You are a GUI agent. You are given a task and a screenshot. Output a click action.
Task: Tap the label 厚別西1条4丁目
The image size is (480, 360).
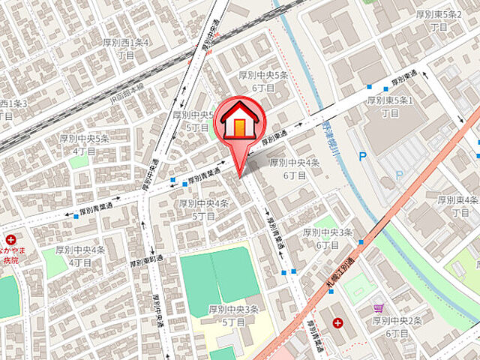[126, 49]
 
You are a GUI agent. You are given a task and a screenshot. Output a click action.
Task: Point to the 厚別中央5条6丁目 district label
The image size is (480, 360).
[263, 81]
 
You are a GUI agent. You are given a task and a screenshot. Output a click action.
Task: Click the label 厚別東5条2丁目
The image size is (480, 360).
[439, 20]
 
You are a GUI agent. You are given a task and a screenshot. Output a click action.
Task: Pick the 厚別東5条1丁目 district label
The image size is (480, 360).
[390, 106]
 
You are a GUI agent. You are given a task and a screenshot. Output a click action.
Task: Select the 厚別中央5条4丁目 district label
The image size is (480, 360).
[84, 145]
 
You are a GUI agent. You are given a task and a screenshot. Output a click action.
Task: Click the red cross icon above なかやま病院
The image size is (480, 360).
[10, 239]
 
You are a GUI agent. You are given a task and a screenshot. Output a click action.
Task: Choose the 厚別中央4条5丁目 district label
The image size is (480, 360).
[202, 209]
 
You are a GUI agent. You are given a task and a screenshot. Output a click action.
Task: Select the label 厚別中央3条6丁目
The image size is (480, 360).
[328, 238]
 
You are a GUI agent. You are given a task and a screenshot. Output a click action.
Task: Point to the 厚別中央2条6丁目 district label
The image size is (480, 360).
[397, 327]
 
